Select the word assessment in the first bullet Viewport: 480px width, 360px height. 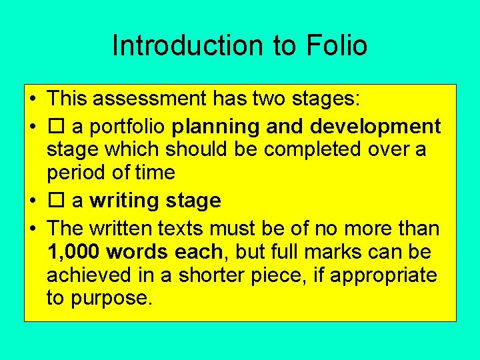[x=149, y=99]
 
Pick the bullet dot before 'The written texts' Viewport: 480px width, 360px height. [x=32, y=229]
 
